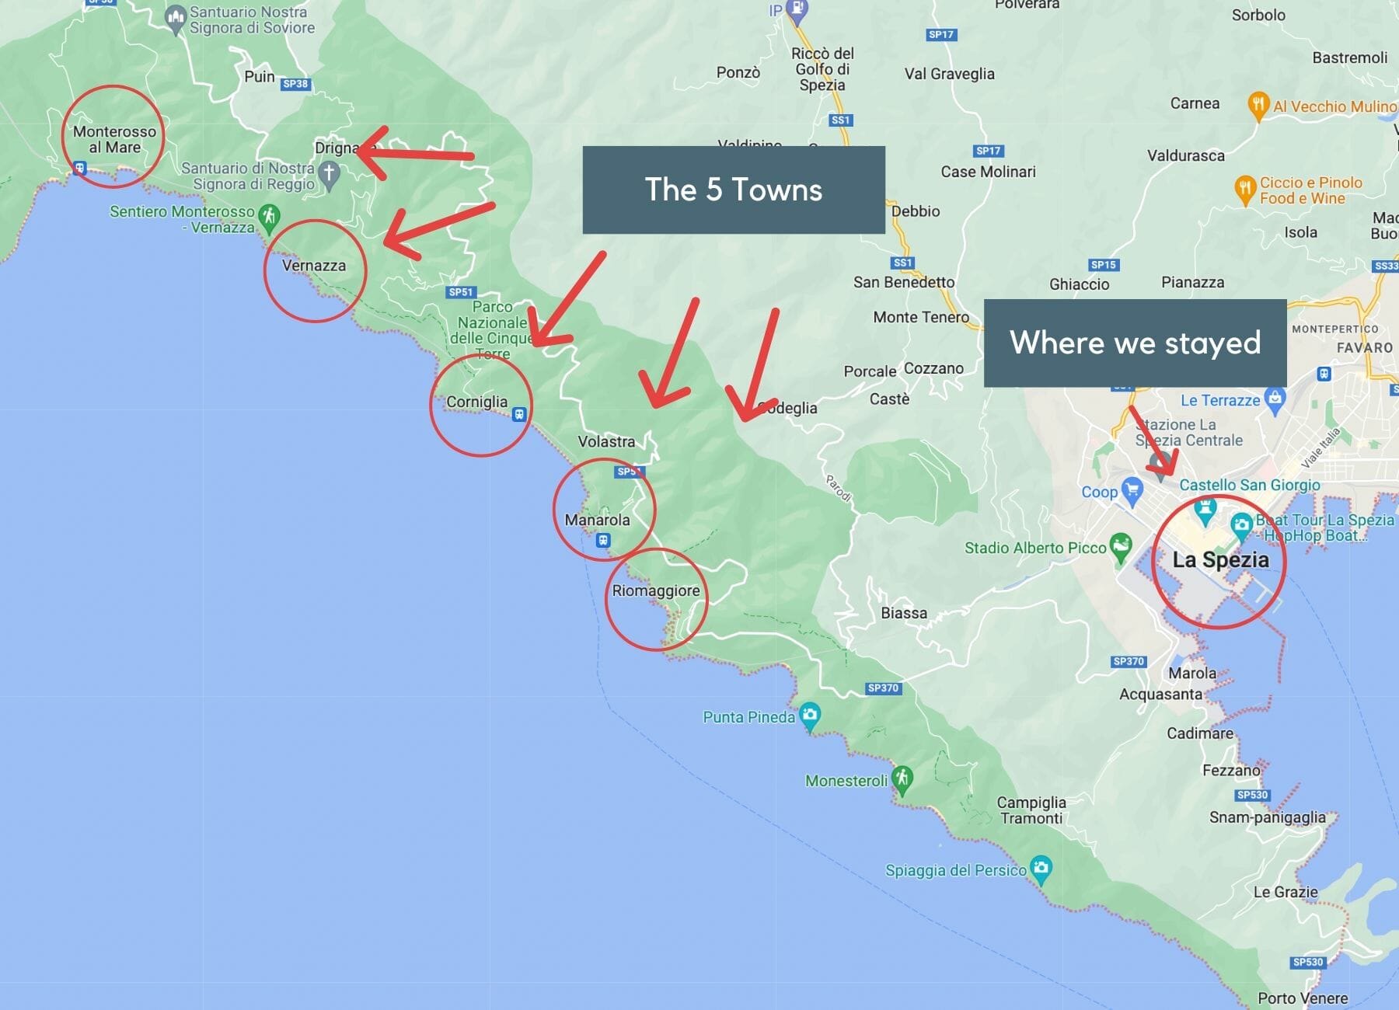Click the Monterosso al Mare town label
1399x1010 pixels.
click(x=114, y=140)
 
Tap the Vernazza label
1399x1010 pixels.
click(x=313, y=266)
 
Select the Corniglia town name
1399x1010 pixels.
click(x=476, y=402)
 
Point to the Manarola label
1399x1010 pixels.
click(x=597, y=520)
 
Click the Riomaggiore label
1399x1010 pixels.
click(x=655, y=590)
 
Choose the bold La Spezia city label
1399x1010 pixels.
click(x=1220, y=559)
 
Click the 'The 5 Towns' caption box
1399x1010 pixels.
click(x=734, y=190)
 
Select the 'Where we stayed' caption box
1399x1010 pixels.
click(x=1135, y=343)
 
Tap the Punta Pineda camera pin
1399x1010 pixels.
click(x=810, y=716)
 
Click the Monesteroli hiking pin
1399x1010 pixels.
click(x=902, y=778)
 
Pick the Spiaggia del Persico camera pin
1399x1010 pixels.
click(x=1041, y=868)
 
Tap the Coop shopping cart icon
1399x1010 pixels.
click(x=1132, y=490)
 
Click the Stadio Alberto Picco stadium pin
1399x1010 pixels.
click(x=1120, y=546)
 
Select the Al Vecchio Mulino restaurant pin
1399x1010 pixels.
click(x=1258, y=105)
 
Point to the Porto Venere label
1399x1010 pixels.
click(x=1303, y=998)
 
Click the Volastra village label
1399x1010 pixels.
click(x=606, y=441)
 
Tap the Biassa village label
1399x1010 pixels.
click(x=904, y=613)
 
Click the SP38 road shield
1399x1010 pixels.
click(x=295, y=84)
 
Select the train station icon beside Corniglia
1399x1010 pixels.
click(x=519, y=414)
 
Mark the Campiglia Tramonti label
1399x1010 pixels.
click(x=1031, y=810)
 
